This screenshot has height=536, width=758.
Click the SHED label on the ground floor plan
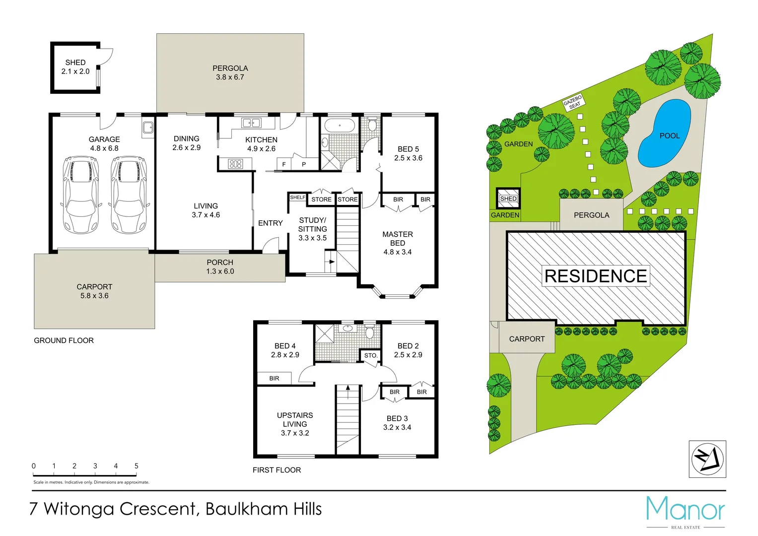pyautogui.click(x=75, y=63)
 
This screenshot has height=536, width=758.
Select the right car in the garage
pyautogui.click(x=129, y=195)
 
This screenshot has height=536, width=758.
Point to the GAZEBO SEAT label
pyautogui.click(x=574, y=102)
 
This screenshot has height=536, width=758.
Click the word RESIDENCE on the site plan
pyautogui.click(x=596, y=276)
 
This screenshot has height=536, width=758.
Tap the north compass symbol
pyautogui.click(x=707, y=459)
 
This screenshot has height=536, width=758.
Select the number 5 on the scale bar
pyautogui.click(x=137, y=466)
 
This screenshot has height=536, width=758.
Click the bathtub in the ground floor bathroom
pyautogui.click(x=340, y=126)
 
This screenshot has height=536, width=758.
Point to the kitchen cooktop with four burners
pyautogui.click(x=235, y=164)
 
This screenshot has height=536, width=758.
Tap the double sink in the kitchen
pyautogui.click(x=251, y=123)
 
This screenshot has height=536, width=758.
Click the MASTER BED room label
pyautogui.click(x=397, y=239)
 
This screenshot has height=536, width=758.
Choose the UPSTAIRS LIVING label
pyautogui.click(x=295, y=420)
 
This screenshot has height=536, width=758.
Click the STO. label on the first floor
pyautogui.click(x=371, y=355)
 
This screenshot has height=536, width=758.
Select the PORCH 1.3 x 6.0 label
pyautogui.click(x=220, y=267)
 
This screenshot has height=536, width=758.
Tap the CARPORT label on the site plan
pyautogui.click(x=527, y=339)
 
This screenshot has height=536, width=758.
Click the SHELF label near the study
pyautogui.click(x=298, y=198)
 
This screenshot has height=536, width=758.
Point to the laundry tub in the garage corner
pyautogui.click(x=148, y=128)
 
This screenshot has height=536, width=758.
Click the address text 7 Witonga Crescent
pyautogui.click(x=113, y=509)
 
